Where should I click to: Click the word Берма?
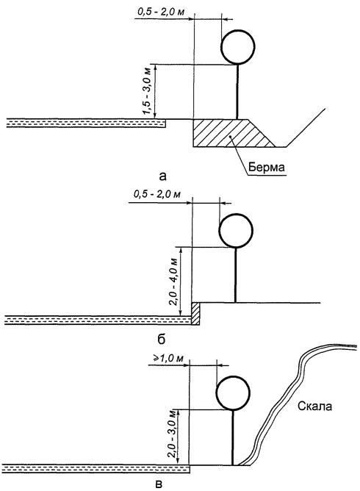tap(267, 167)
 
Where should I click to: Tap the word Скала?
tap(314, 406)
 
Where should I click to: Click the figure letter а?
tap(163, 176)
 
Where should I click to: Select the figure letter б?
tap(161, 339)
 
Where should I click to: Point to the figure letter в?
tap(159, 484)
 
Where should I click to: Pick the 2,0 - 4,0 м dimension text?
tap(173, 282)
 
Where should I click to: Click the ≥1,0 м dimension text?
tap(168, 358)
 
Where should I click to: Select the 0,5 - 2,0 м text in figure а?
tap(161, 12)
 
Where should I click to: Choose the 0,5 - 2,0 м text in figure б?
tap(157, 194)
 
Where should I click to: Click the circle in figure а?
tap(237, 30)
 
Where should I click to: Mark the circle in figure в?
tap(233, 376)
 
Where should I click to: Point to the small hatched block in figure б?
tap(195, 313)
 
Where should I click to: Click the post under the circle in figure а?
tap(237, 91)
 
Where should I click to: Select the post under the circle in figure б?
tap(235, 275)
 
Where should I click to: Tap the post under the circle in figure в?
tap(233, 437)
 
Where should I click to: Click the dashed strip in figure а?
tap(86, 123)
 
